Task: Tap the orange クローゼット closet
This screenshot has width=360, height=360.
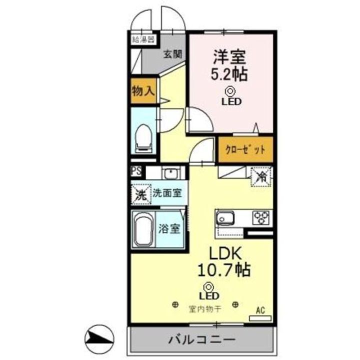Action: click(245, 149)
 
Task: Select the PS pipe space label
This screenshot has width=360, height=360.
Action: click(136, 171)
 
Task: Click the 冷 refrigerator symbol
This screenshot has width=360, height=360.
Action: click(261, 175)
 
